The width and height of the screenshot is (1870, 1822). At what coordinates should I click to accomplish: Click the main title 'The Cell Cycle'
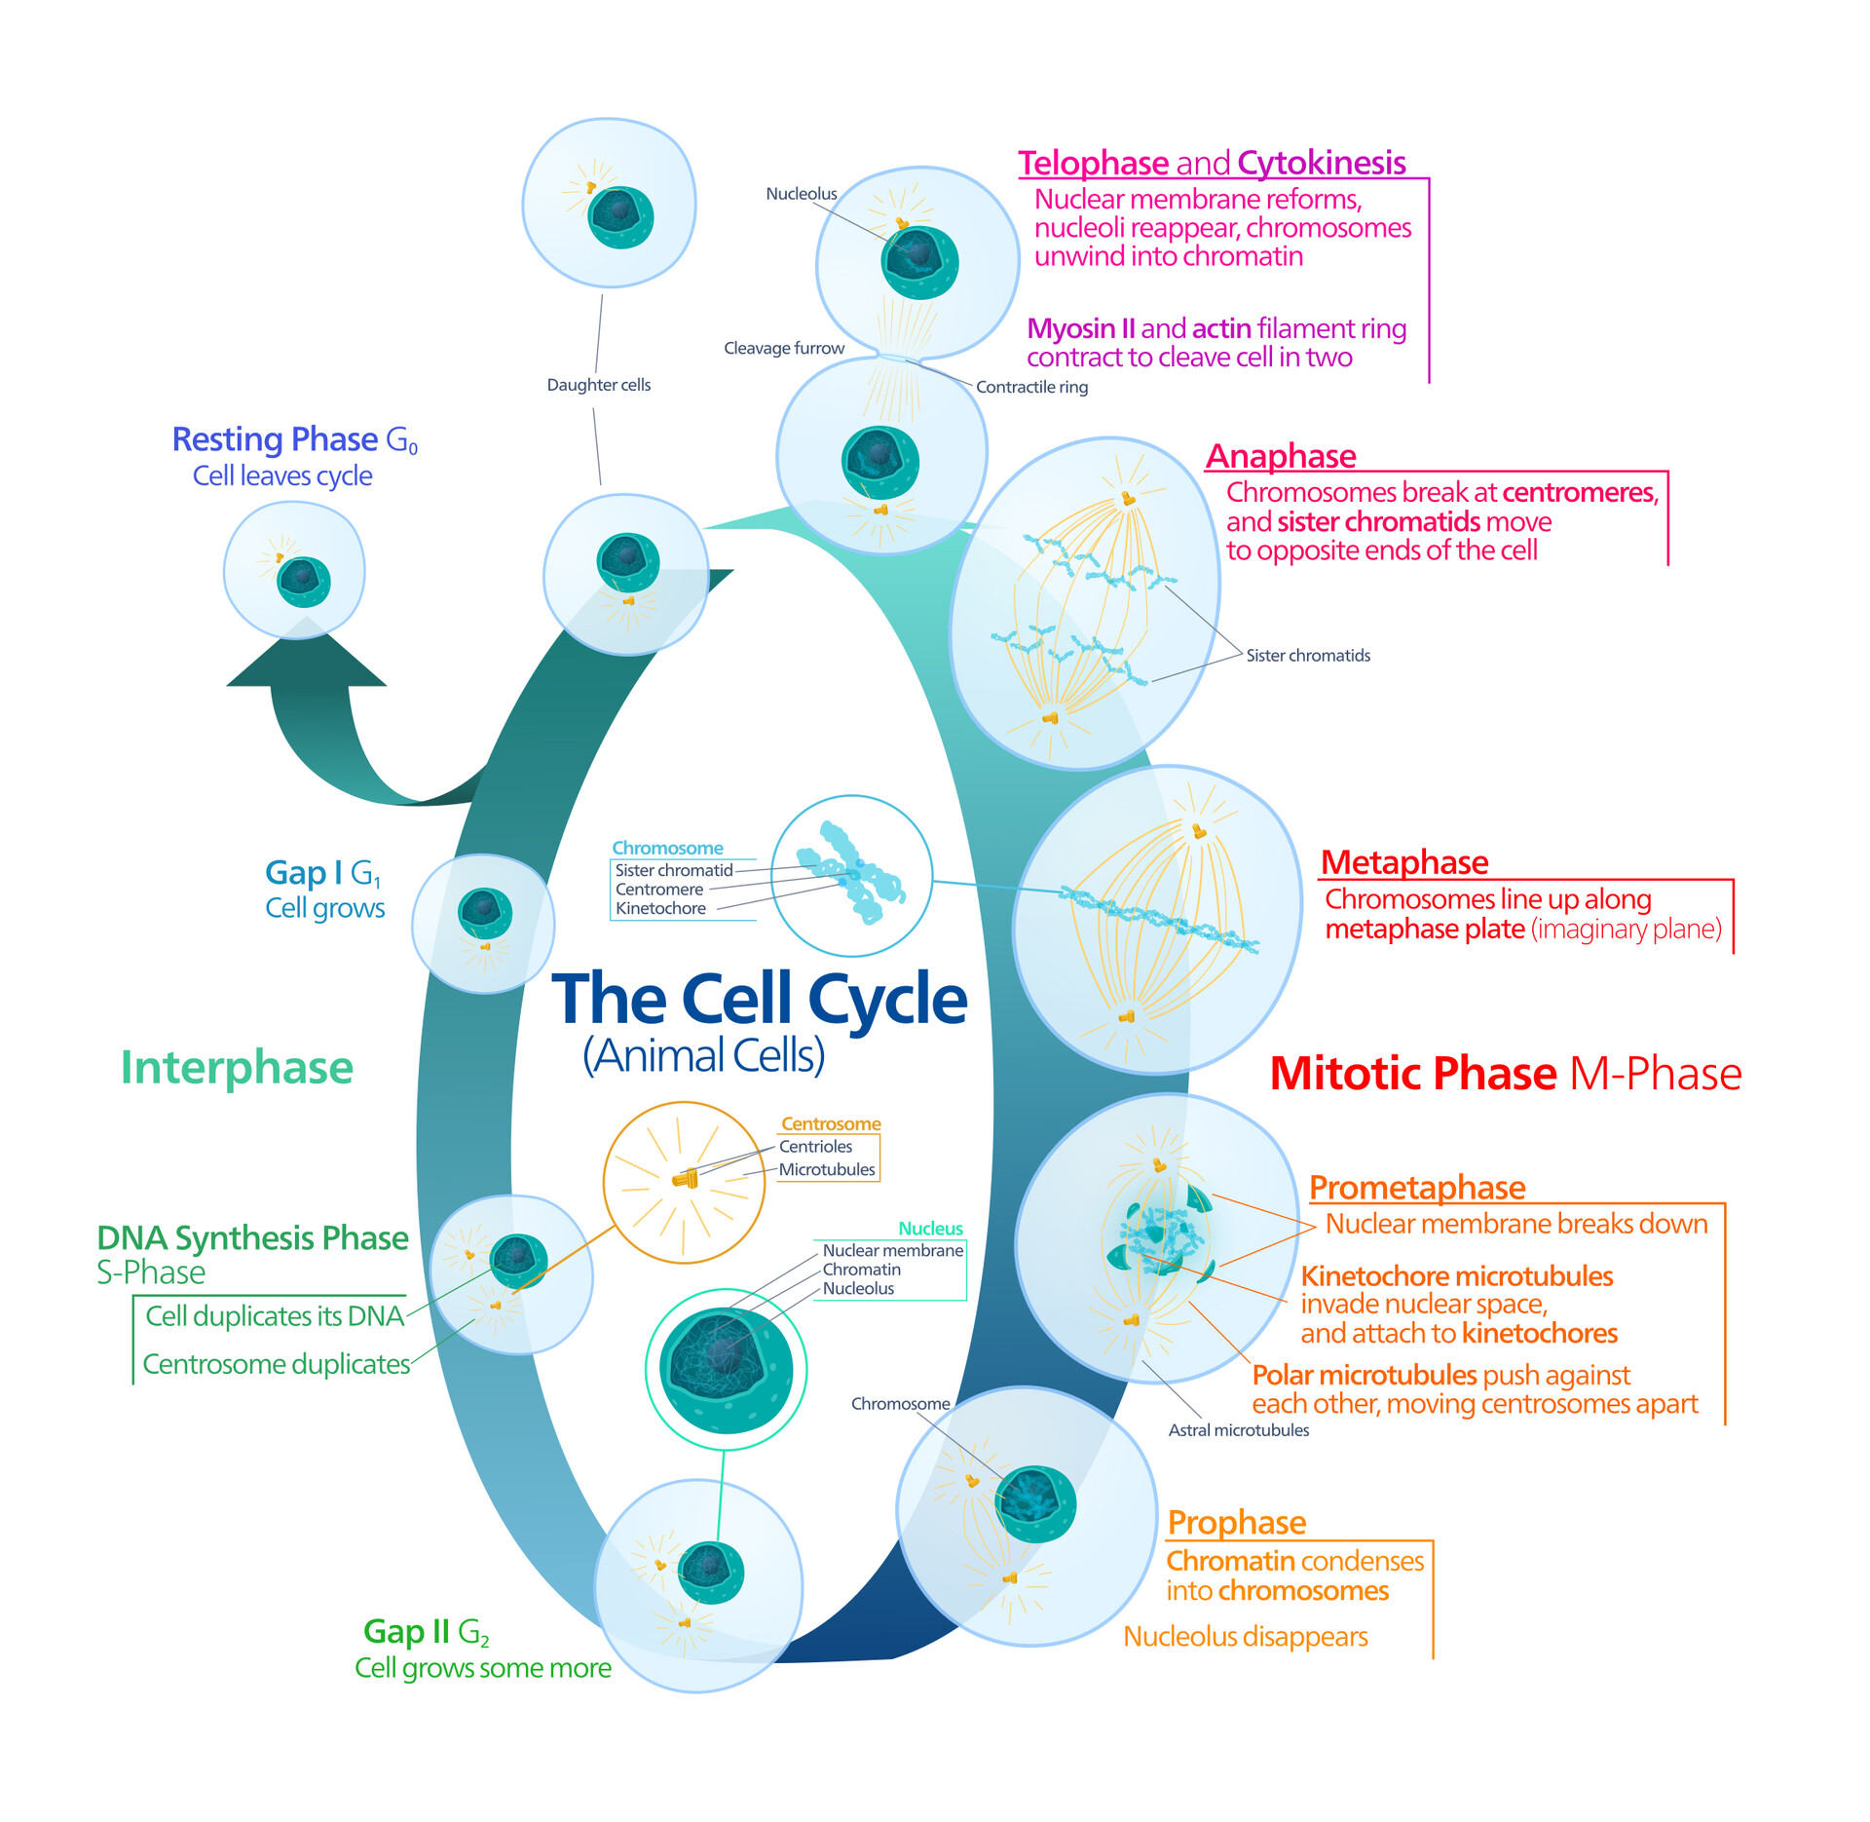tap(759, 1000)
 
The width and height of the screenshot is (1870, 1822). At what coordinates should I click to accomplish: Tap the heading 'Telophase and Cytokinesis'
tap(1211, 163)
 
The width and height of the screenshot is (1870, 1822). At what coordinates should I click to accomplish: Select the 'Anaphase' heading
tap(1280, 456)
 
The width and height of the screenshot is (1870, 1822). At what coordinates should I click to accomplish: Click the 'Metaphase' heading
tap(1403, 862)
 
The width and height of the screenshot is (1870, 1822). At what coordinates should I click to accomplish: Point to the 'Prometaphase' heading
tap(1416, 1188)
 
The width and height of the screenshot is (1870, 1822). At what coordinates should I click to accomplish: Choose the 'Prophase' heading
tap(1236, 1522)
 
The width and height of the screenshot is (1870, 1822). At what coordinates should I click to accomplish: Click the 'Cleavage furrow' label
tap(783, 348)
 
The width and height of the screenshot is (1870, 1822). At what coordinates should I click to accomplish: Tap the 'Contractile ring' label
tap(1031, 387)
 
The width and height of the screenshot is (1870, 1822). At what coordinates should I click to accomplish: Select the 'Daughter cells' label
tap(598, 385)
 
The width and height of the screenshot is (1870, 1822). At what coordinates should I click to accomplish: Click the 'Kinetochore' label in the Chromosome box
tap(660, 908)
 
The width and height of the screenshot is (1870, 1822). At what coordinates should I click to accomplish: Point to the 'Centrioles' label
tap(815, 1147)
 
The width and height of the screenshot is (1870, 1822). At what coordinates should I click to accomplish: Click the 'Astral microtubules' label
tap(1238, 1430)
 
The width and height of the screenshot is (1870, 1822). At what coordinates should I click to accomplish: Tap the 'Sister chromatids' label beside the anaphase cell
tap(1307, 656)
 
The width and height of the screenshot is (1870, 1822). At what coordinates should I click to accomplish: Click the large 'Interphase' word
tap(237, 1068)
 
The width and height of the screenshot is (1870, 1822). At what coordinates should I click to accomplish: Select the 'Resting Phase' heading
tap(275, 439)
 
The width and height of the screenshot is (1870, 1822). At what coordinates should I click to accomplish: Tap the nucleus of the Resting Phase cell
tap(304, 582)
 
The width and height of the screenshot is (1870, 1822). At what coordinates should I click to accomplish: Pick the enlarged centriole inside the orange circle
tap(686, 1179)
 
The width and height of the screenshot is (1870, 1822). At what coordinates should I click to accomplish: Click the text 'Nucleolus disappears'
tap(1245, 1637)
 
